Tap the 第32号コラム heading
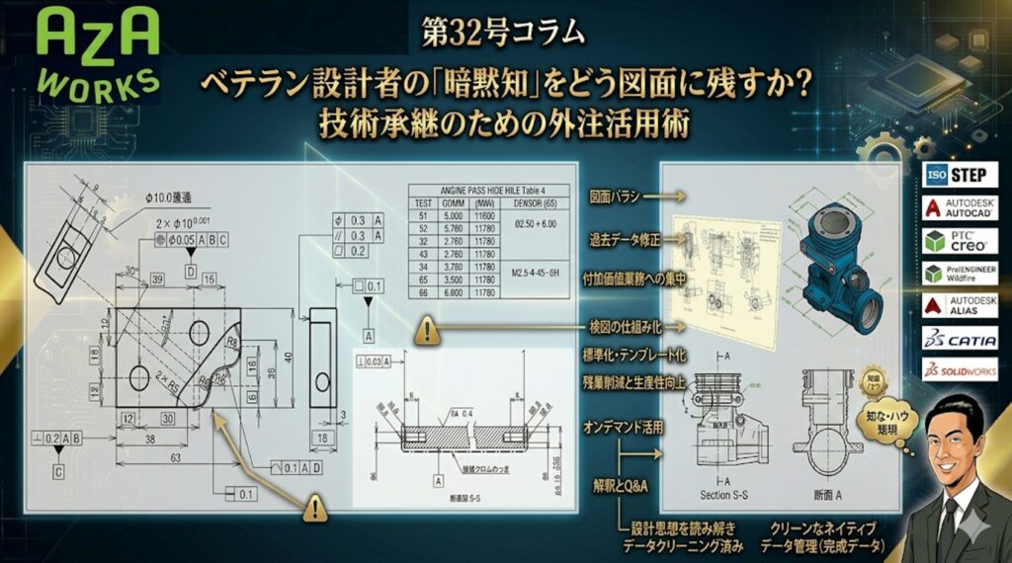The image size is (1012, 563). tap(503, 33)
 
